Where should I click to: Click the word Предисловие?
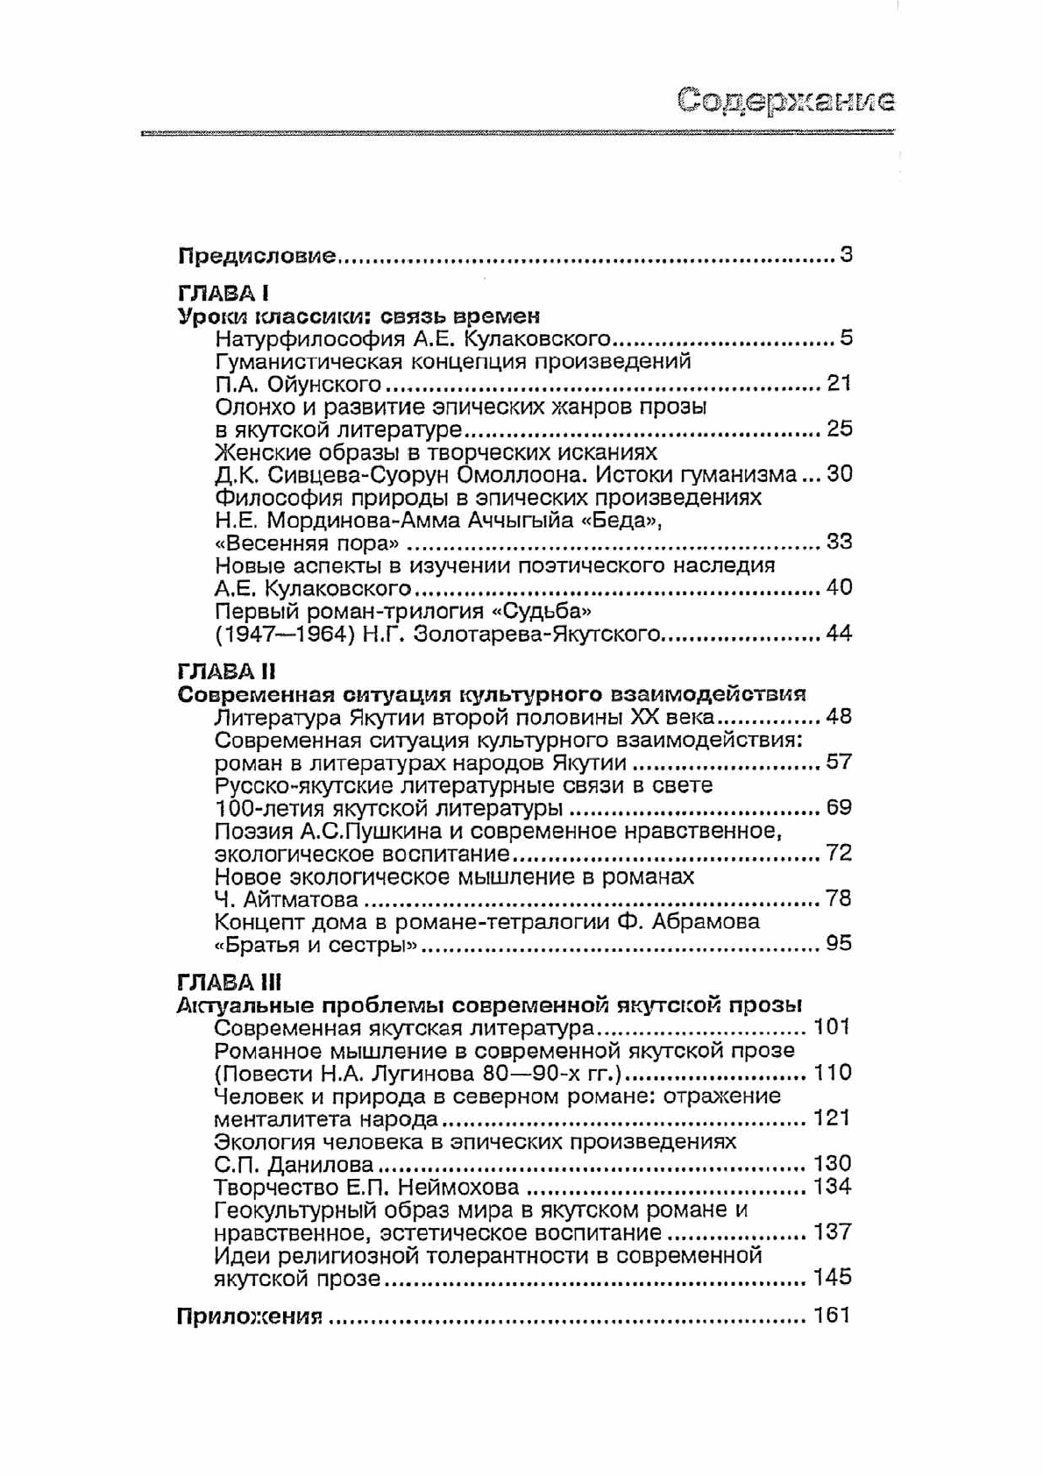(x=257, y=256)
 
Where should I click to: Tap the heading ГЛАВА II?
(x=226, y=671)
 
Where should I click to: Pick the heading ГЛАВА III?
(x=229, y=982)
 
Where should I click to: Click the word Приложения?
(x=250, y=1316)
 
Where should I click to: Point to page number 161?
(x=832, y=1316)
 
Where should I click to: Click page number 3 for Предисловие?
(x=846, y=256)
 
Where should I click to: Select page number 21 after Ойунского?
(x=839, y=383)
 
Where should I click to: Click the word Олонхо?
(x=254, y=407)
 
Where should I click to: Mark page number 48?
(x=839, y=717)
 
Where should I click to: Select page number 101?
(x=832, y=1026)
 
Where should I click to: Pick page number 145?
(x=832, y=1277)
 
